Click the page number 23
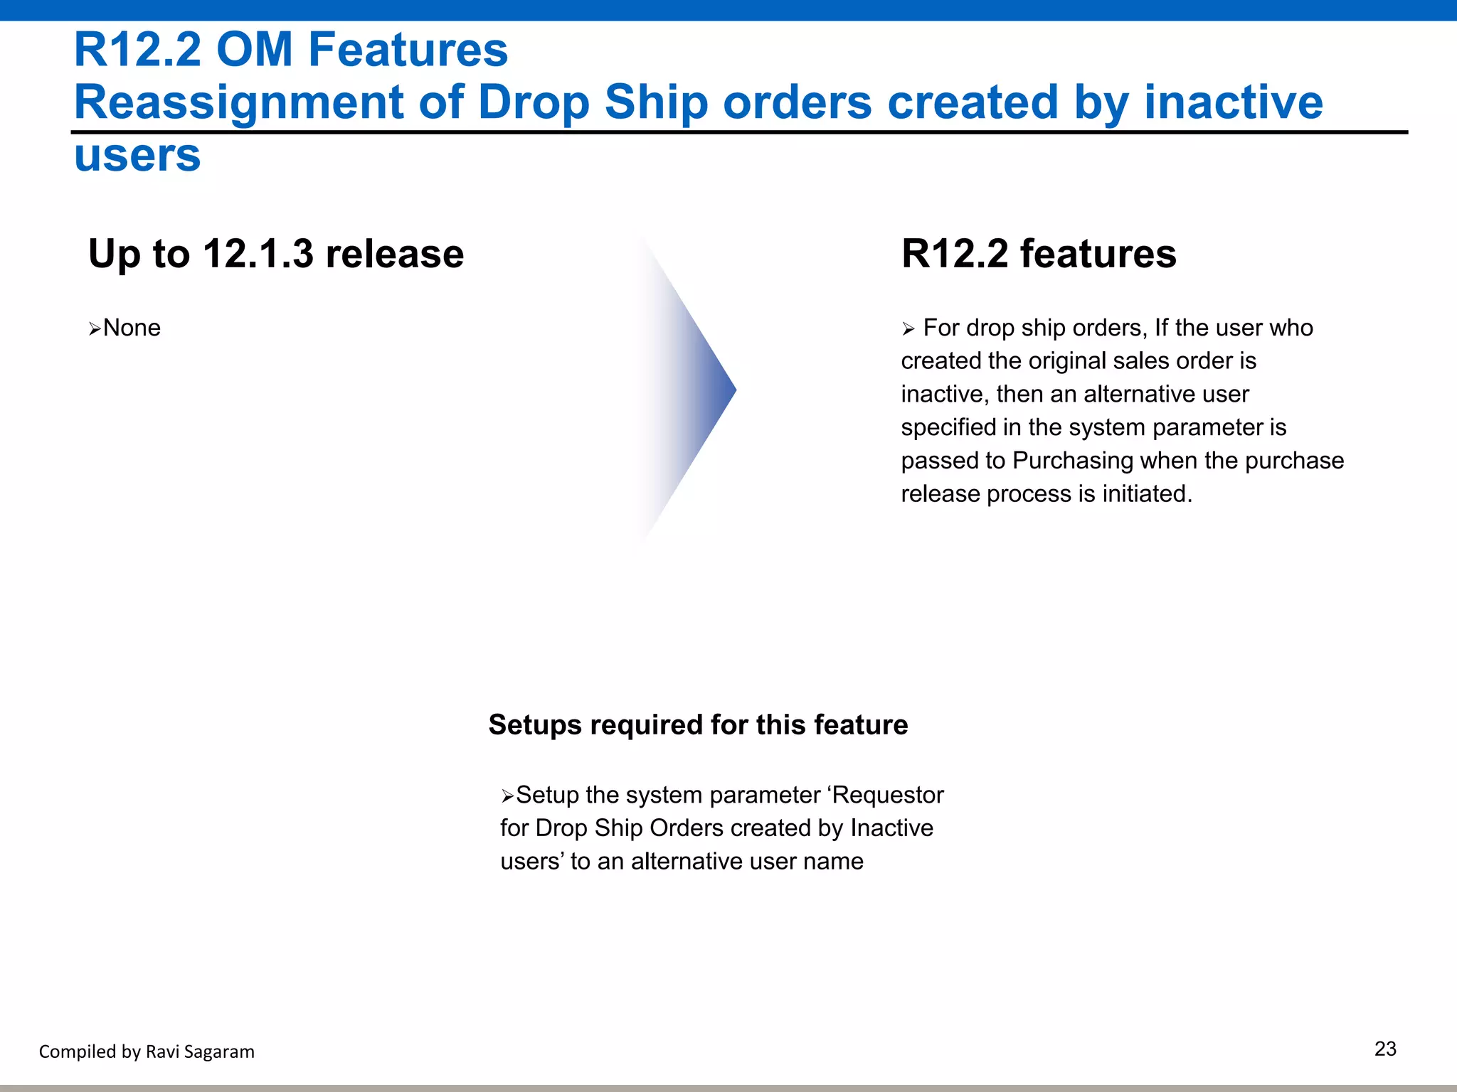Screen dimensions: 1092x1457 1384,1049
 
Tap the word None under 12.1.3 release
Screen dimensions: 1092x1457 132,328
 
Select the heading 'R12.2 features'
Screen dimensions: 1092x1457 1038,254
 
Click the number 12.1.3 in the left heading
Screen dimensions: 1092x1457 258,254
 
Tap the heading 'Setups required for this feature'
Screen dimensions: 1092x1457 698,725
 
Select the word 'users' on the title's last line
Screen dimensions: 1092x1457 137,156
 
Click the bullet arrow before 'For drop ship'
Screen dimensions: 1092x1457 908,328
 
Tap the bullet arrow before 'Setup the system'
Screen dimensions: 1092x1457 507,796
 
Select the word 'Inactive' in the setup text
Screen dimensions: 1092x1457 891,828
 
